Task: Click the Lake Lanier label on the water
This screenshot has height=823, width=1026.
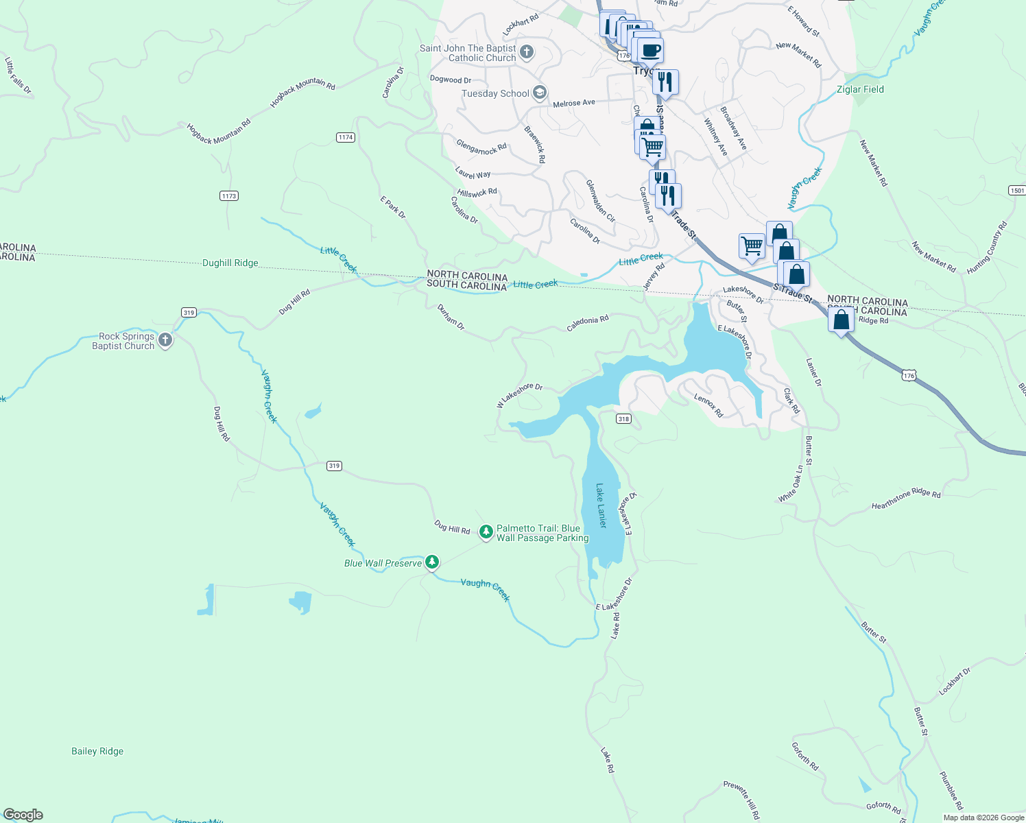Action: coord(601,505)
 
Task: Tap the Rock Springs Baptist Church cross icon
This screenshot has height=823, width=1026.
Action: coord(165,340)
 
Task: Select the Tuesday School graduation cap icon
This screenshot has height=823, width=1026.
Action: coord(540,93)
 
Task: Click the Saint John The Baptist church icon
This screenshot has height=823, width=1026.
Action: coord(527,52)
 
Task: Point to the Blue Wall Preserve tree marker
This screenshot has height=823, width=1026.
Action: coord(432,562)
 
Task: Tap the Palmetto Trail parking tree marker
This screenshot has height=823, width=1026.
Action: coord(486,532)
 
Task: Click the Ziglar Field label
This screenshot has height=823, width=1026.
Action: coord(860,89)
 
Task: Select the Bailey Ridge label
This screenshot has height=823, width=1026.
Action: coord(97,751)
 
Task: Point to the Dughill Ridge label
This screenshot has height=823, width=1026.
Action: coord(230,263)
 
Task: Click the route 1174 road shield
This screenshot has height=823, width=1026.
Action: coord(346,137)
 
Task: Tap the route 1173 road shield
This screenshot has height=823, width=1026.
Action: coord(229,196)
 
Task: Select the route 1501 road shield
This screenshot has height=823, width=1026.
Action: coord(1017,190)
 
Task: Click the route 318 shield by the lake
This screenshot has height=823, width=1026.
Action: coord(623,419)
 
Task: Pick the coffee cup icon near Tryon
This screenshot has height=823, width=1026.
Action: coord(650,50)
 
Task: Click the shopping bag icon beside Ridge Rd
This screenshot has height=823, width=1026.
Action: coord(841,320)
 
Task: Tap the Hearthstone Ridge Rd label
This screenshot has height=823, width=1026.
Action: coord(906,499)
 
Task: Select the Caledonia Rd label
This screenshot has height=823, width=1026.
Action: coord(588,324)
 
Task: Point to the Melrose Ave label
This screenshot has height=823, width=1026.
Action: coord(574,103)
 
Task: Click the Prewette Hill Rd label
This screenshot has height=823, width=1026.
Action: coord(741,800)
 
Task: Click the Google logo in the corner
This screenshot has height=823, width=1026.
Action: coord(23,815)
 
